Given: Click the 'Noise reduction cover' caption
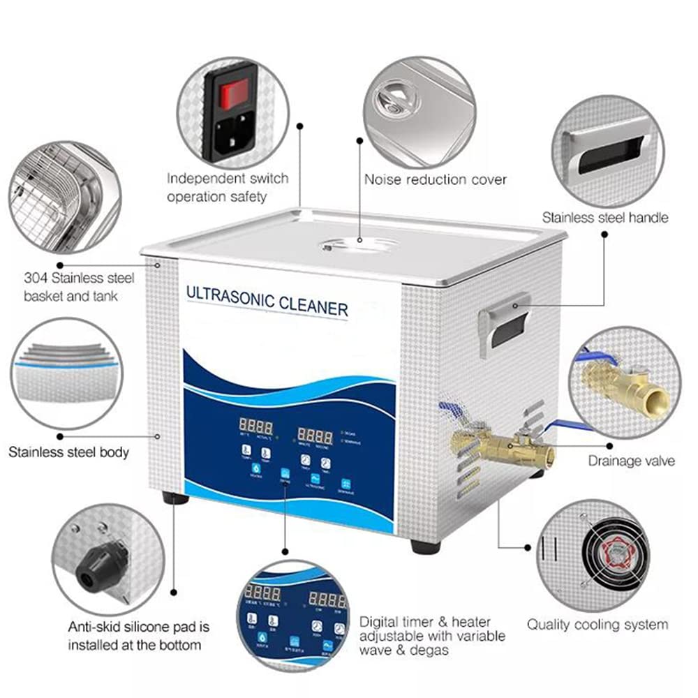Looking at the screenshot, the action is [x=436, y=179].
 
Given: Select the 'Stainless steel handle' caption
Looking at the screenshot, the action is [x=605, y=217].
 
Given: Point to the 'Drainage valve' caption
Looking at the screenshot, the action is [x=631, y=461].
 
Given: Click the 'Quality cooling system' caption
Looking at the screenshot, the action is [x=597, y=625].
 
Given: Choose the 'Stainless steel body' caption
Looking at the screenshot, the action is [x=68, y=452].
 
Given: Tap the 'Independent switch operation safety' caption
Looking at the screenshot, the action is [x=228, y=188].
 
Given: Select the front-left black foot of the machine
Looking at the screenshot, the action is [x=174, y=498].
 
